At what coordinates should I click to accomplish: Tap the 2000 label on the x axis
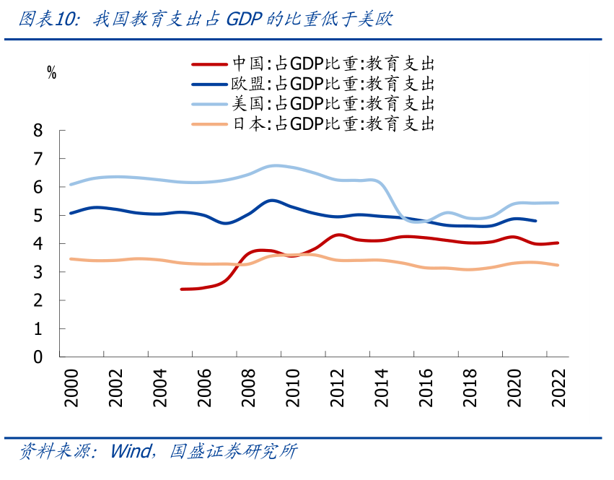[x=71, y=388]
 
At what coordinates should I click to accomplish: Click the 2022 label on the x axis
[x=558, y=388]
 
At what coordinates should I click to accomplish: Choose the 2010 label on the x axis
[x=292, y=388]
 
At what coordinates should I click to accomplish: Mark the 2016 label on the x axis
[x=426, y=388]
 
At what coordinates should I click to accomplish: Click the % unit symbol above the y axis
[x=51, y=72]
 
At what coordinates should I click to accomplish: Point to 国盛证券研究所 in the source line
[x=233, y=452]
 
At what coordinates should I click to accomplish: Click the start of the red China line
[x=181, y=289]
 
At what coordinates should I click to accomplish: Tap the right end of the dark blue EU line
[x=535, y=221]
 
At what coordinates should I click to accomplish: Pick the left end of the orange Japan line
[x=70, y=258]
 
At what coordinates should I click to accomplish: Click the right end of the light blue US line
[x=558, y=203]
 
